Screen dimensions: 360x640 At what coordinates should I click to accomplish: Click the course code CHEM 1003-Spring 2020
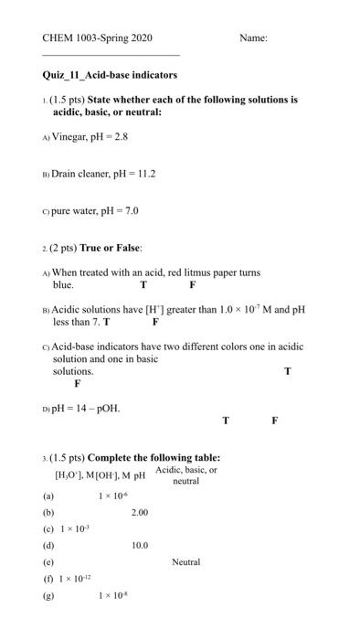[97, 38]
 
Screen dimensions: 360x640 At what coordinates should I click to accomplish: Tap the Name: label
[253, 38]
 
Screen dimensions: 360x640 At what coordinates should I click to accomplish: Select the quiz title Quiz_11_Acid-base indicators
[110, 74]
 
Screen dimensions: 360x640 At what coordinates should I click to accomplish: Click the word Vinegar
[70, 135]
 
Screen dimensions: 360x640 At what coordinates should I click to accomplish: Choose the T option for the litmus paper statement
[143, 284]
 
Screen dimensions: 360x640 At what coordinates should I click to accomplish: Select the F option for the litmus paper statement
[192, 284]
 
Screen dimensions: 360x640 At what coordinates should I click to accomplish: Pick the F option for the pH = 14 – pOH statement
[274, 421]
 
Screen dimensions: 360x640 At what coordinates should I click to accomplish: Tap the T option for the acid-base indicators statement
[288, 371]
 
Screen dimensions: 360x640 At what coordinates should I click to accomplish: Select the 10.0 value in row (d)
[139, 545]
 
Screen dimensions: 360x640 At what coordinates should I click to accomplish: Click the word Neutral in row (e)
[185, 561]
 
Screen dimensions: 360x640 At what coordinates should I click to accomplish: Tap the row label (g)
[48, 595]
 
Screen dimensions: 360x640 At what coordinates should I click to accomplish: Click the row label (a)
[48, 496]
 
